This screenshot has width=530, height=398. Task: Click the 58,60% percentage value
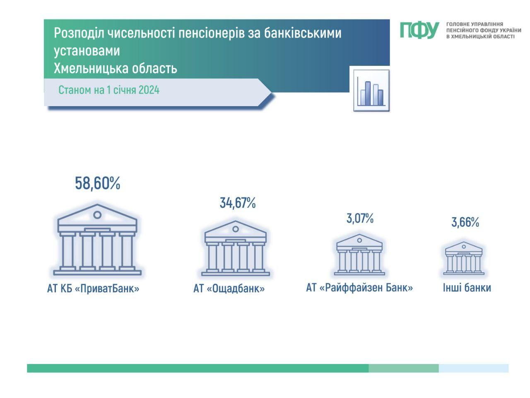coord(98,183)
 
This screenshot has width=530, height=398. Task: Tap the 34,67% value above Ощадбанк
coord(238,203)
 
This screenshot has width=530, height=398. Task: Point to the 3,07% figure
coord(360,218)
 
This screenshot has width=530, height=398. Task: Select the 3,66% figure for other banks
coord(465,222)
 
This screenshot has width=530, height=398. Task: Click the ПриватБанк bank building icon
coord(97,240)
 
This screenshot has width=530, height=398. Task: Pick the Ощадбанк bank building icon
coord(236,248)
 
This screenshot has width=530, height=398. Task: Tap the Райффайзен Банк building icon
coord(359,255)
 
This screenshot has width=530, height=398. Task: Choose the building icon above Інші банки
coord(464,258)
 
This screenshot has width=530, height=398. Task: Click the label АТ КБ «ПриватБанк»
coord(93,288)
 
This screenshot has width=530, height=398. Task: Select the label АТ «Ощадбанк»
coord(229,288)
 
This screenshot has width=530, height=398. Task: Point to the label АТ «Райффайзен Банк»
coord(359,288)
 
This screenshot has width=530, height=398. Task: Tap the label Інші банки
coord(467,288)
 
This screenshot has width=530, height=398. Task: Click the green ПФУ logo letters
coord(419,30)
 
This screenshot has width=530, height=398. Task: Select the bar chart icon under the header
coord(371,90)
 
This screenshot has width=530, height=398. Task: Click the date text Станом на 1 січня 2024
coord(109,90)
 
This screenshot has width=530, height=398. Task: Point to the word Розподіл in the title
coord(79,33)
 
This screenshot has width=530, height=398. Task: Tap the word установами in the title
coord(87,51)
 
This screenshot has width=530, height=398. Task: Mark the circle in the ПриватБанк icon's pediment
coord(97,215)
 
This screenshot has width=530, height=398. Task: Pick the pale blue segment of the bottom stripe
coord(474,368)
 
